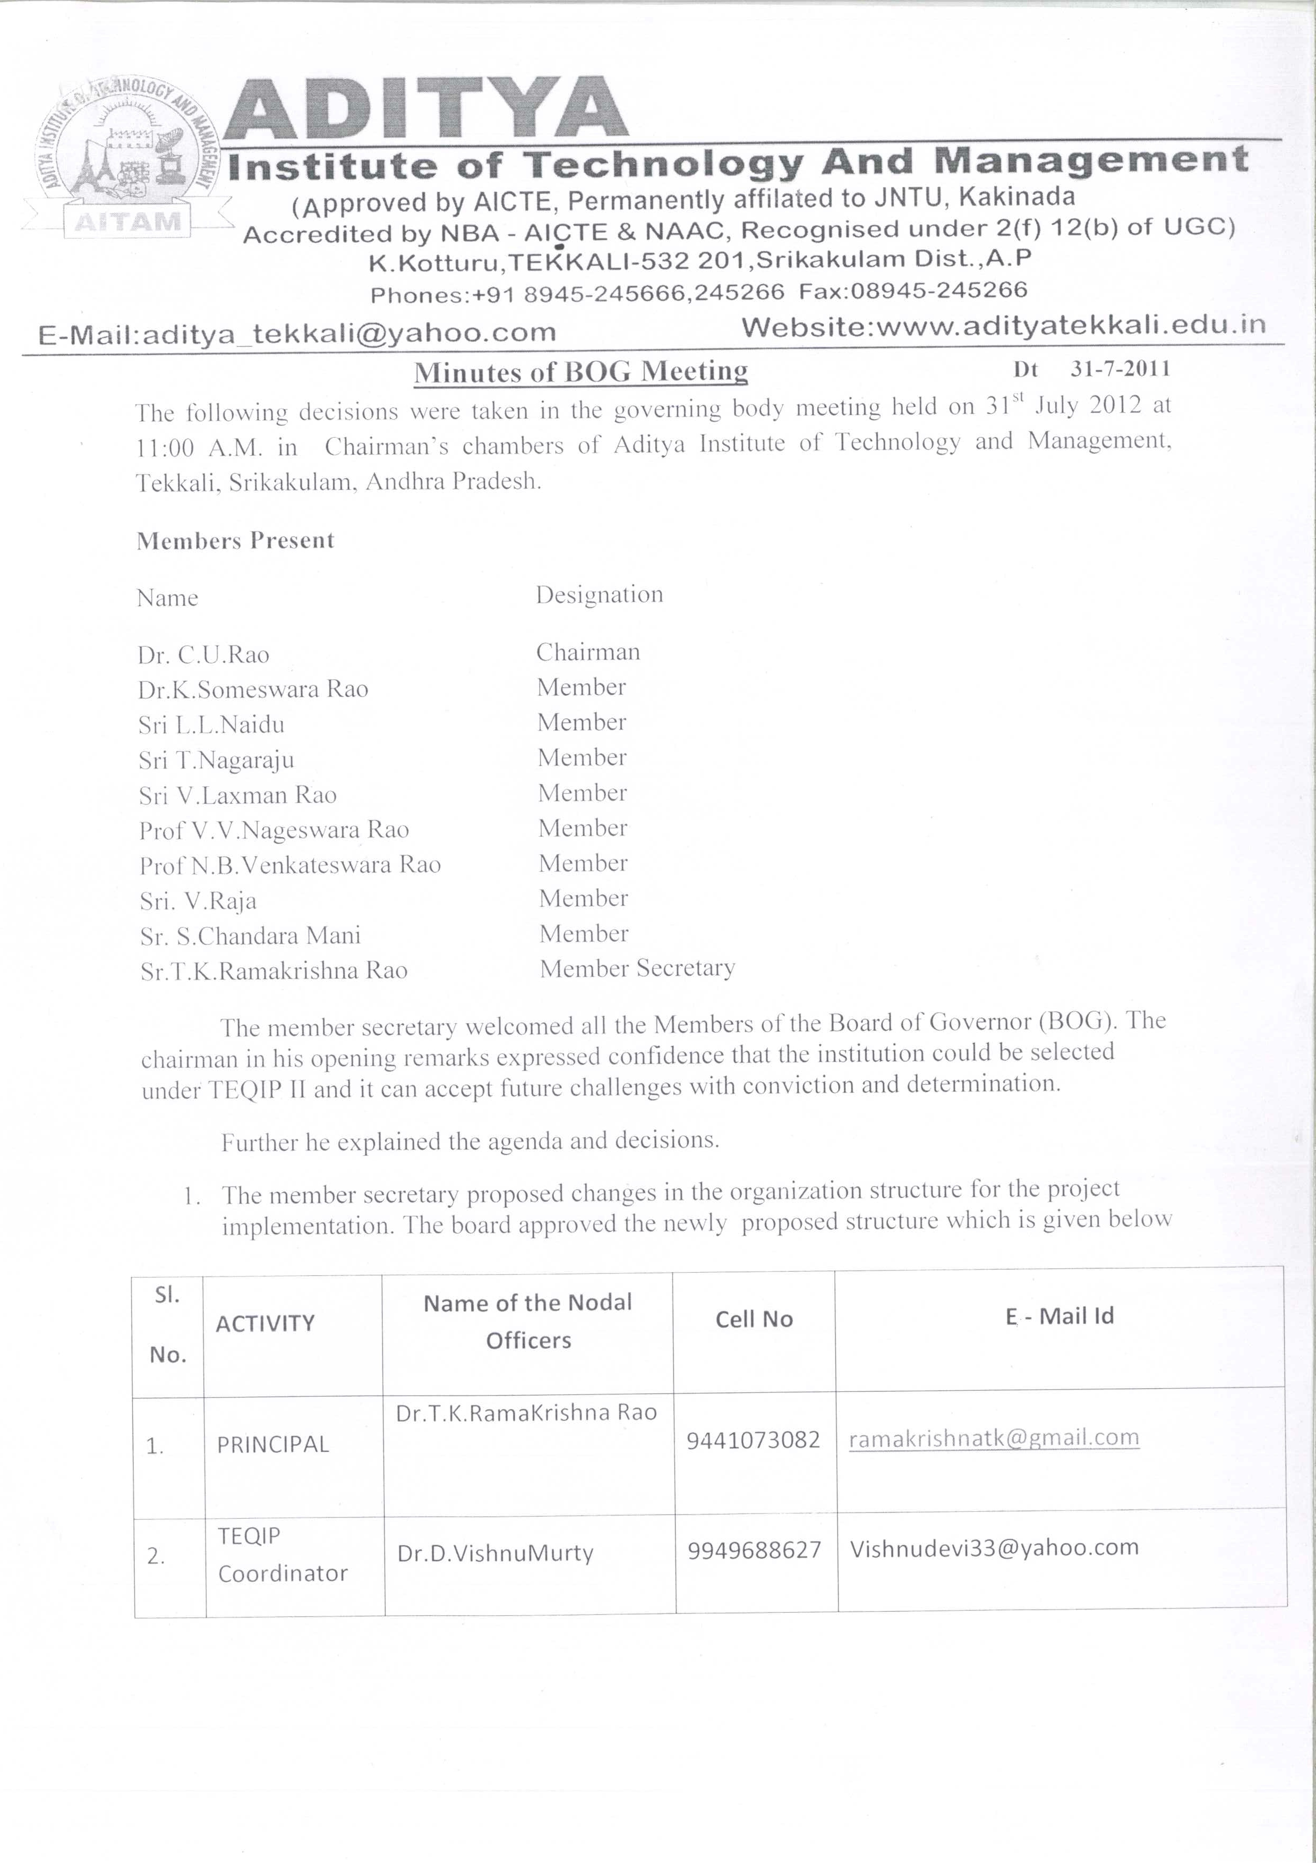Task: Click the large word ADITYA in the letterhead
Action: (x=425, y=109)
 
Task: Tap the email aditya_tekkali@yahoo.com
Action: (x=297, y=333)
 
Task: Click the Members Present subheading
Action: (x=235, y=540)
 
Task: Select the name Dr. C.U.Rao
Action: (x=203, y=655)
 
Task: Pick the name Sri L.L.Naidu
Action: (x=211, y=725)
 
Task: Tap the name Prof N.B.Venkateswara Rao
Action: (x=289, y=865)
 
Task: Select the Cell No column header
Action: (x=754, y=1320)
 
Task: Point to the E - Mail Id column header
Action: (x=1059, y=1316)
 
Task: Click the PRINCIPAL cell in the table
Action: (x=272, y=1444)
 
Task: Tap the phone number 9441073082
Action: (x=753, y=1440)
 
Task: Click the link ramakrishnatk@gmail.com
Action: (x=993, y=1438)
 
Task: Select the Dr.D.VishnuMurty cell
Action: (x=495, y=1553)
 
